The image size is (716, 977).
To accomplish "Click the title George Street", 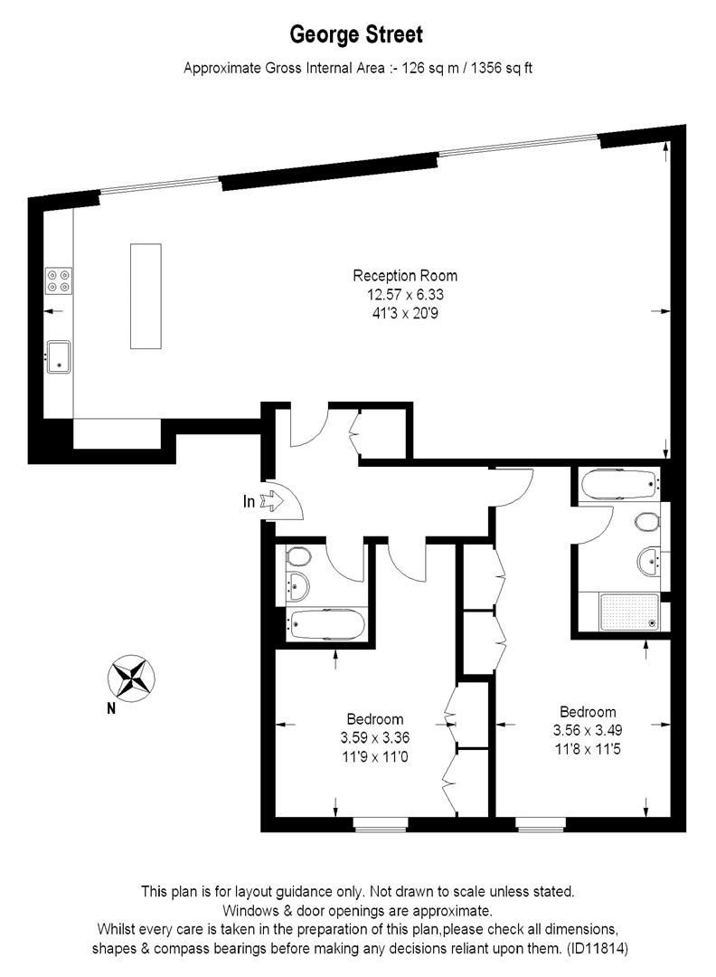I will (356, 35).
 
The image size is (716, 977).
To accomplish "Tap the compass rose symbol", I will (131, 678).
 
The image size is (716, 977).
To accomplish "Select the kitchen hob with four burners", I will (60, 280).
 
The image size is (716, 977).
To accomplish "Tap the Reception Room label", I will (405, 276).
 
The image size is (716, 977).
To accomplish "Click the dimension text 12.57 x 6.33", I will (405, 294).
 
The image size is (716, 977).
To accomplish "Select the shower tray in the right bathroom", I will (619, 612).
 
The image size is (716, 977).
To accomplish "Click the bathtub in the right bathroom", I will (619, 486).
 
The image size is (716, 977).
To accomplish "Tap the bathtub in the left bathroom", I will (325, 623).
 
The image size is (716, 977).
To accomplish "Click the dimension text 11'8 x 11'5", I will (588, 748).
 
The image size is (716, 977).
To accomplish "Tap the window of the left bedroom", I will (380, 824).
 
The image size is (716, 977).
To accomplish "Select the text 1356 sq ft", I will (496, 68).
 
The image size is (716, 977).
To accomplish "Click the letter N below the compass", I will (110, 709).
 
